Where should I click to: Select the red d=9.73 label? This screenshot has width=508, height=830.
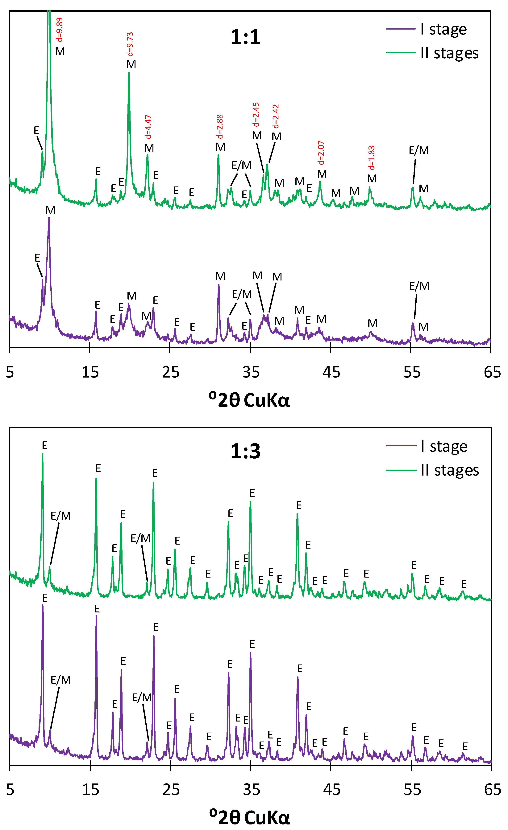[x=130, y=44]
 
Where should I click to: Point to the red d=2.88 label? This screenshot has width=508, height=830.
[x=220, y=127]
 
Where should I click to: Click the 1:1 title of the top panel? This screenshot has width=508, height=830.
[x=245, y=37]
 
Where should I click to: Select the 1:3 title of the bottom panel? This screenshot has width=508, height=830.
[x=245, y=451]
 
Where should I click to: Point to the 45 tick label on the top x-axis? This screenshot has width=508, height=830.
[x=331, y=372]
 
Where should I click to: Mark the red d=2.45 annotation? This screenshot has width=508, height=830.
[x=256, y=115]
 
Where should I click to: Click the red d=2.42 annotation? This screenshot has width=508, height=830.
[x=276, y=116]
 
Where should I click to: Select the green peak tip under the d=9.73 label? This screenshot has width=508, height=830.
[x=129, y=73]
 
